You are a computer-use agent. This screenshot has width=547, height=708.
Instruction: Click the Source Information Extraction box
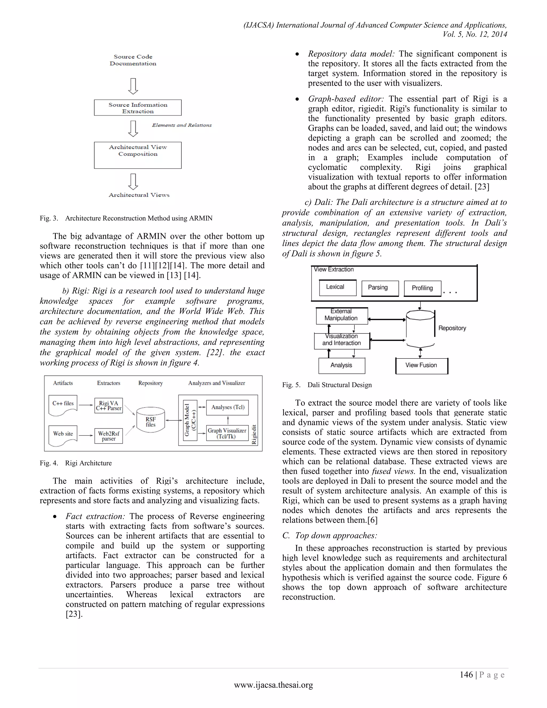tap(138, 108)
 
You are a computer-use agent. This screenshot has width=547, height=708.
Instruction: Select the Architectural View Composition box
tap(138, 155)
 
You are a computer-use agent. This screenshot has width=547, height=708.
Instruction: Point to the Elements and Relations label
tap(182, 125)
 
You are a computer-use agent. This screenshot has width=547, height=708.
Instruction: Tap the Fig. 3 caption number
tap(49, 218)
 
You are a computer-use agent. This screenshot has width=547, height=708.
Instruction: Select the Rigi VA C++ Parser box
tap(108, 406)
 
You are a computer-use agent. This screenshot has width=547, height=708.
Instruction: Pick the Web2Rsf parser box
tap(108, 436)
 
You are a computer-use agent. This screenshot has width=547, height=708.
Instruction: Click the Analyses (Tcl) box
tap(228, 407)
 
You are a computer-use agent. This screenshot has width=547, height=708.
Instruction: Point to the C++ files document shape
tap(63, 404)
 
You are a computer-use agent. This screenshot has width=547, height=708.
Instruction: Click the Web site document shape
tap(63, 435)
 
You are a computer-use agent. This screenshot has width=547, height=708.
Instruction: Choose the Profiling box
tap(422, 288)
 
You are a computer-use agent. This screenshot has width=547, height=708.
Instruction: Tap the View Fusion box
tap(421, 365)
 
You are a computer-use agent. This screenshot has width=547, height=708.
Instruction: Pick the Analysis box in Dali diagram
tap(342, 365)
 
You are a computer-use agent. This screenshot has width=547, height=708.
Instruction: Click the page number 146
tap(466, 675)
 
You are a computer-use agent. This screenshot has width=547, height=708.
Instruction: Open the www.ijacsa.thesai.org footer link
tap(273, 685)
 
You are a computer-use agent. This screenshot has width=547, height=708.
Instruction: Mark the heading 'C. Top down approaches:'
tap(330, 535)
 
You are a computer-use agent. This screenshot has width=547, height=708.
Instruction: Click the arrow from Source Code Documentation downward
tap(133, 86)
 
